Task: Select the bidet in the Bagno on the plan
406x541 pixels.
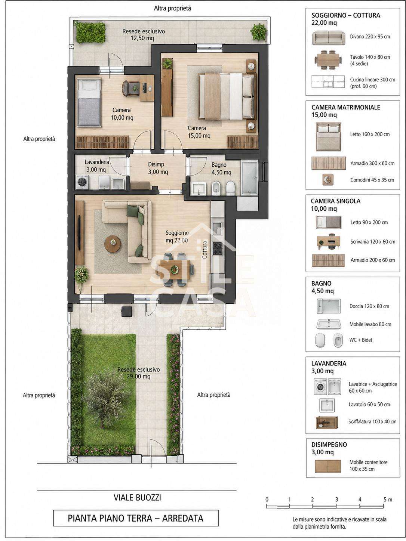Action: coord(216,188)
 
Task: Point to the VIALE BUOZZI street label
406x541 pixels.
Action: coord(137,498)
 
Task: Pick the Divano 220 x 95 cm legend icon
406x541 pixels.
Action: coord(328,38)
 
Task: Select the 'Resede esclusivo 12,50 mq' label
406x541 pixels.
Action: coord(143,35)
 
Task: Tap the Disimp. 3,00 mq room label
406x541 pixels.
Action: coord(157,168)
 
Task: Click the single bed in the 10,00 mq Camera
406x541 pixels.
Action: coord(89,102)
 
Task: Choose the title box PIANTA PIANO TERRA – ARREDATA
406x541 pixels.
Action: coord(136,518)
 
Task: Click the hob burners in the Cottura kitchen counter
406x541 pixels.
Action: coord(218,248)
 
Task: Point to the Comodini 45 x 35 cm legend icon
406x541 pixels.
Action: coord(328,180)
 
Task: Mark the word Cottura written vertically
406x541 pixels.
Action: coord(204,250)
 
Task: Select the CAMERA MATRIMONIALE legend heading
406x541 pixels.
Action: coord(345,108)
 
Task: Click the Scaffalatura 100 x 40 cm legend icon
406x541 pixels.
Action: coord(327,423)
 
